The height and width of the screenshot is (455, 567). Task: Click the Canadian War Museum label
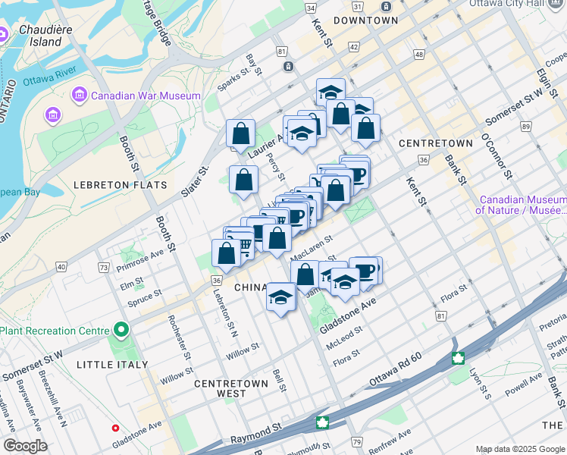pyautogui.click(x=146, y=96)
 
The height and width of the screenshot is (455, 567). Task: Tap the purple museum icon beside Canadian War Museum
pyautogui.click(x=79, y=96)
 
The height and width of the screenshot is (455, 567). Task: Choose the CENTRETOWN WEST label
pyautogui.click(x=231, y=388)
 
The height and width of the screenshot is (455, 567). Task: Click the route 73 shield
pyautogui.click(x=104, y=268)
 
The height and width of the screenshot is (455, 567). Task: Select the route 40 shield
pyautogui.click(x=61, y=267)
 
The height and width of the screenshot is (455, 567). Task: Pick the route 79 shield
pyautogui.click(x=357, y=441)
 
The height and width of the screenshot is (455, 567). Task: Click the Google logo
pyautogui.click(x=25, y=446)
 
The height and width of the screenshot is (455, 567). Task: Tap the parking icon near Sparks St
pyautogui.click(x=289, y=67)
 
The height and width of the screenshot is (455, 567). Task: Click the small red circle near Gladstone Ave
pyautogui.click(x=115, y=428)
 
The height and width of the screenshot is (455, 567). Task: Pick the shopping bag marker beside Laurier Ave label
pyautogui.click(x=240, y=134)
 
